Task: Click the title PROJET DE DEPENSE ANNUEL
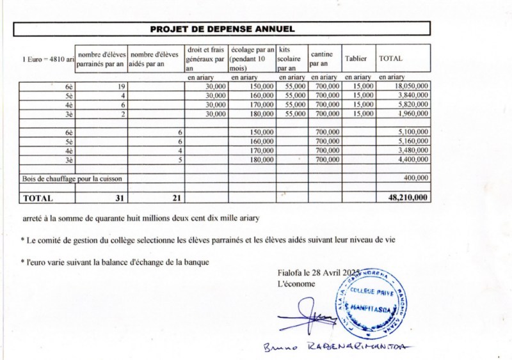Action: pos(222,29)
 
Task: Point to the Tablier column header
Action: pos(355,58)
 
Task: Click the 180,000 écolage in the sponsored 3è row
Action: pos(262,114)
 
